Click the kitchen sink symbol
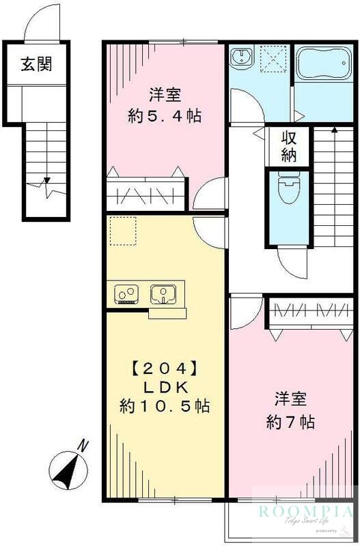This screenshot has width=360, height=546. [x=165, y=294]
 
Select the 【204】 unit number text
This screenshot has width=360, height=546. [x=164, y=369]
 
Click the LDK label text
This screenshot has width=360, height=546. [x=164, y=387]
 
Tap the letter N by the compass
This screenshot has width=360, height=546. [x=83, y=446]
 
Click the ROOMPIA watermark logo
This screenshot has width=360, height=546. [x=305, y=512]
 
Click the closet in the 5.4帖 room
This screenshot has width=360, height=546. [x=146, y=195]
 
